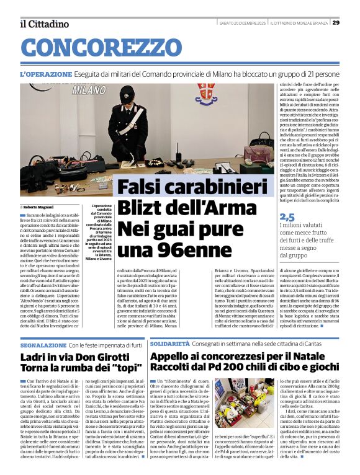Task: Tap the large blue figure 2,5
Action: point(287,217)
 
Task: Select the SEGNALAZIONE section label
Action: point(43,344)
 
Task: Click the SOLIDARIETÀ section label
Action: point(169,343)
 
